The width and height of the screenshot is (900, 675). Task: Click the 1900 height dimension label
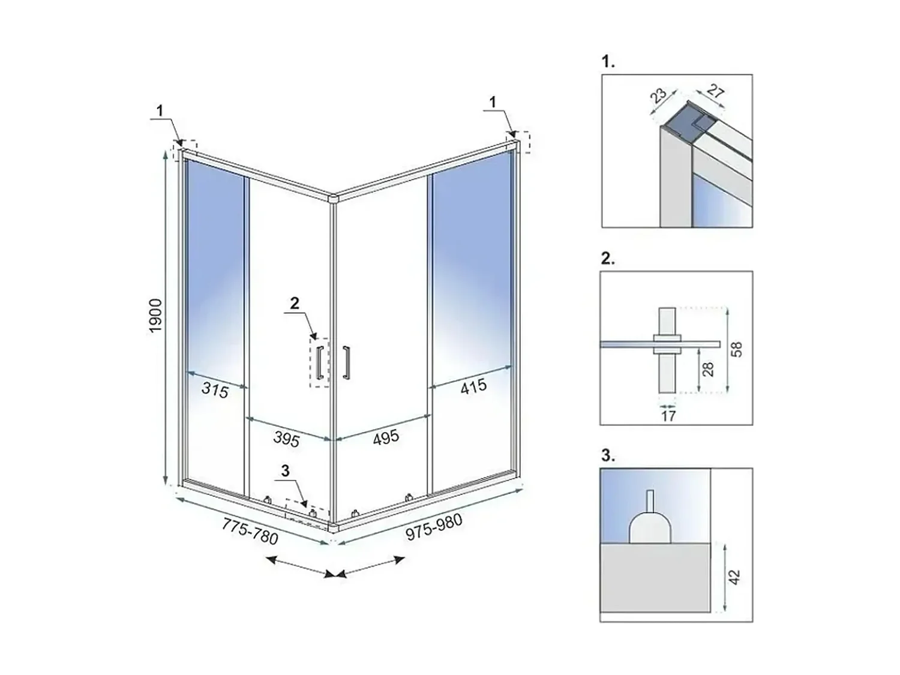tap(156, 316)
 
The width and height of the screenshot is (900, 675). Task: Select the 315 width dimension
tap(214, 391)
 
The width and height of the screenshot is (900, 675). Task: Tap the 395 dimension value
tap(286, 440)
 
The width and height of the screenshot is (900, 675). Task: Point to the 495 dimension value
tap(386, 437)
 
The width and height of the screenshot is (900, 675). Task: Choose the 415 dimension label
tap(473, 386)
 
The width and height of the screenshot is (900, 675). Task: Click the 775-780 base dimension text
tap(250, 531)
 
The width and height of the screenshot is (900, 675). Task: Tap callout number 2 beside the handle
tap(295, 304)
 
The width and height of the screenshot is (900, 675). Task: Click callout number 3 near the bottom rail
tap(286, 471)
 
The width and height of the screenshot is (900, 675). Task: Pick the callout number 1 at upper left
tap(160, 110)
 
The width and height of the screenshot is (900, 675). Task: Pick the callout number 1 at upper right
tap(493, 102)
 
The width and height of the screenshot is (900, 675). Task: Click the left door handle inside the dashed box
tap(320, 362)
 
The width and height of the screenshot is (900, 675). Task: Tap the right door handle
tap(346, 362)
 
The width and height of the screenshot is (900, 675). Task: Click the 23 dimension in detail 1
tap(658, 95)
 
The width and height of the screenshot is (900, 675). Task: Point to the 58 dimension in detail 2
tap(737, 350)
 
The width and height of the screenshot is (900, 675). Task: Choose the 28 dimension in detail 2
tap(708, 369)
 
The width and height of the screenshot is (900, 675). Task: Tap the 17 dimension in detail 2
tap(668, 416)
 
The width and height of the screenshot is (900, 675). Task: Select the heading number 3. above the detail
tap(608, 456)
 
